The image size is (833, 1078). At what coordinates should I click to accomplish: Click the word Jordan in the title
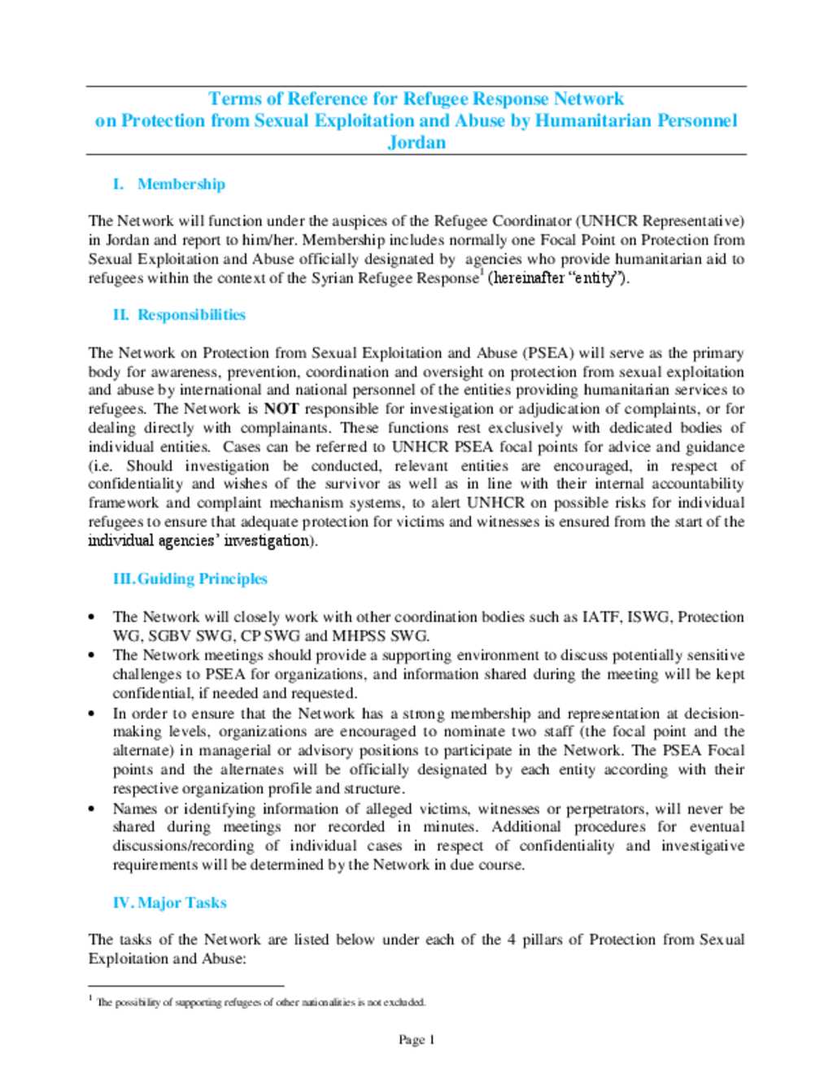[416, 142]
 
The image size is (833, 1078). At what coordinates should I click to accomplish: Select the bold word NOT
[281, 408]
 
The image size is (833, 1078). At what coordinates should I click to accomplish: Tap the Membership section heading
[181, 184]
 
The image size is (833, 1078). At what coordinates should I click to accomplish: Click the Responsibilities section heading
[191, 315]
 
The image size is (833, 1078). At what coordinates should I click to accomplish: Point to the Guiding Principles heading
[202, 578]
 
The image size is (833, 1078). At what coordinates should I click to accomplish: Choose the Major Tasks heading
[181, 902]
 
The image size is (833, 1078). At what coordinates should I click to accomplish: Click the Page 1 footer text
[416, 1039]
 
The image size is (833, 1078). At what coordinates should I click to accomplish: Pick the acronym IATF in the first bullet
[600, 617]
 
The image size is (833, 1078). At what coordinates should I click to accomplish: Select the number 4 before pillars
[511, 939]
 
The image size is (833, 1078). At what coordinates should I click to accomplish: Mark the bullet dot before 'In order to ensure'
[93, 714]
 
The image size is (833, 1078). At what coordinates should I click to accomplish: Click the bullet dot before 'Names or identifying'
[93, 809]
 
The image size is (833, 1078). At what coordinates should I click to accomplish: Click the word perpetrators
[605, 809]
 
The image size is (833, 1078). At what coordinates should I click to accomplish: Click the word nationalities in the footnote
[329, 1002]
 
